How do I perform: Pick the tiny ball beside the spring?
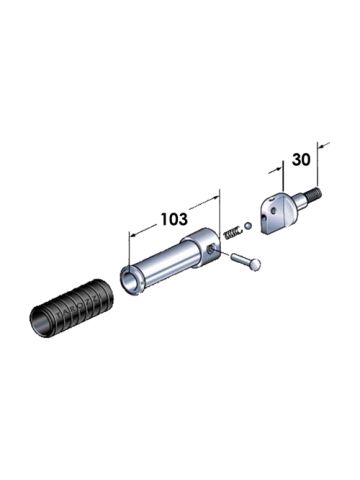pos(246,224)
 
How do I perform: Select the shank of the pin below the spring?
pos(242,259)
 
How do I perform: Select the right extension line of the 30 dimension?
pos(323,160)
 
